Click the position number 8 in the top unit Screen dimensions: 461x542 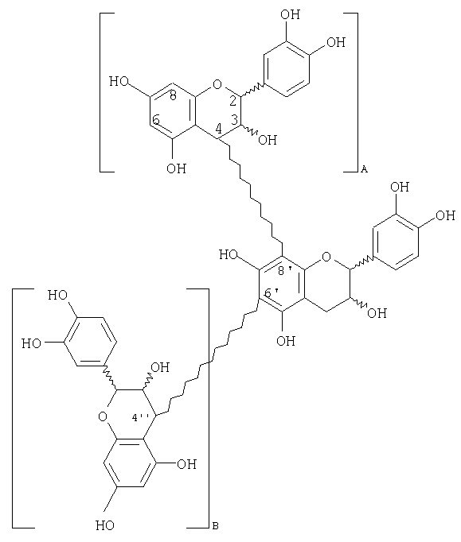tap(174, 95)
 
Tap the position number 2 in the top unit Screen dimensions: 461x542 tap(232, 101)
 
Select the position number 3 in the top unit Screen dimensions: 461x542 tap(235, 120)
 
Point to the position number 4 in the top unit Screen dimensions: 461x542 tap(218, 129)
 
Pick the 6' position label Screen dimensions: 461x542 tap(272, 293)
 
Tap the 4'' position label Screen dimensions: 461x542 tap(140, 417)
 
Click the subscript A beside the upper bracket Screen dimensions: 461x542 tap(364, 169)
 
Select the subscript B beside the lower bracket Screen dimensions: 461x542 tap(215, 526)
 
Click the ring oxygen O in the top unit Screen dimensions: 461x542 tap(217, 84)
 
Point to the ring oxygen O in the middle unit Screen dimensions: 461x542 tap(326, 257)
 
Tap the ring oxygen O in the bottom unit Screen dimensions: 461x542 tap(103, 416)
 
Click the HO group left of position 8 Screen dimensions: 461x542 tap(119, 82)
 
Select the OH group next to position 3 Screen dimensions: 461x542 tap(268, 140)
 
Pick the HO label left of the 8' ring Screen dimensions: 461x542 tap(229, 255)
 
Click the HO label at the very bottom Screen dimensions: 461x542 tap(105, 526)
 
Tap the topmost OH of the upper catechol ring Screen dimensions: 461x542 tap(290, 14)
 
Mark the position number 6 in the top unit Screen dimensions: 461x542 tap(156, 120)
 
